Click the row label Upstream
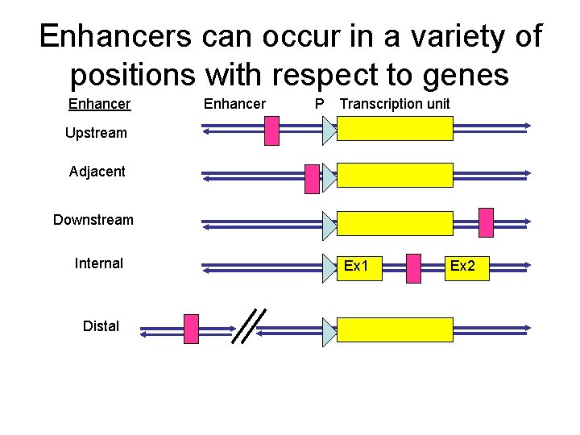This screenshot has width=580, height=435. pos(96,133)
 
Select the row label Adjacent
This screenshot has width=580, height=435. pos(97,172)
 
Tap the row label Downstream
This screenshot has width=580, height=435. pos(93,220)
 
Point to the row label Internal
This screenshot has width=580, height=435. pos(98,263)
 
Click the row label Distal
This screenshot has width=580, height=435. pos(101,326)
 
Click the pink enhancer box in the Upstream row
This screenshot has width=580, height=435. pos(272,130)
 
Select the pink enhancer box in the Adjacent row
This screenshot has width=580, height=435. pos(313,179)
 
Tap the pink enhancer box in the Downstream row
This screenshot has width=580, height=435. pos(486,223)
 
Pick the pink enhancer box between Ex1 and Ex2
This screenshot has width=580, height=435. pos(413,269)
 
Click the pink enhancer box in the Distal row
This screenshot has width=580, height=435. pos(191,329)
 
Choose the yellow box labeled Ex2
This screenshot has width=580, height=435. pos(466,267)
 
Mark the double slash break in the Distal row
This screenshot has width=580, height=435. pos(249,326)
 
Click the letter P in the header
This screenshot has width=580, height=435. pos(320,104)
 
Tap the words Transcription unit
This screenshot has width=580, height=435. pos(395,104)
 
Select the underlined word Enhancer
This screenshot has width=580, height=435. pos(99,104)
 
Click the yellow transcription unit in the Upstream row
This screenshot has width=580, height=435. pos(395,129)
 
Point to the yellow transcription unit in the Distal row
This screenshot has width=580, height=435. pos(395,329)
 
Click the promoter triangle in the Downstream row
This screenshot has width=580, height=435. pos(329,226)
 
